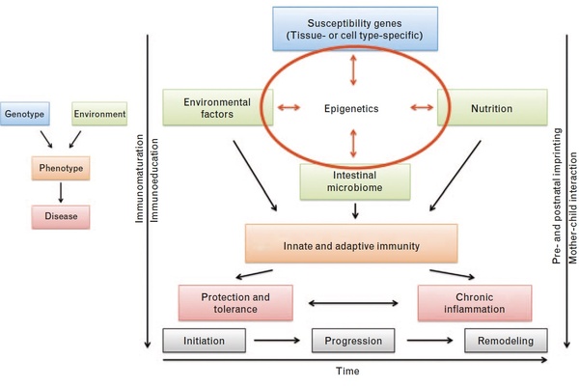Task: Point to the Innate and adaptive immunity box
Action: coord(351,246)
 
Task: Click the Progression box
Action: coord(352,341)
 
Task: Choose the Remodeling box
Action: coord(506,341)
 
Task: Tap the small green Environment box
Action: coord(99,115)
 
